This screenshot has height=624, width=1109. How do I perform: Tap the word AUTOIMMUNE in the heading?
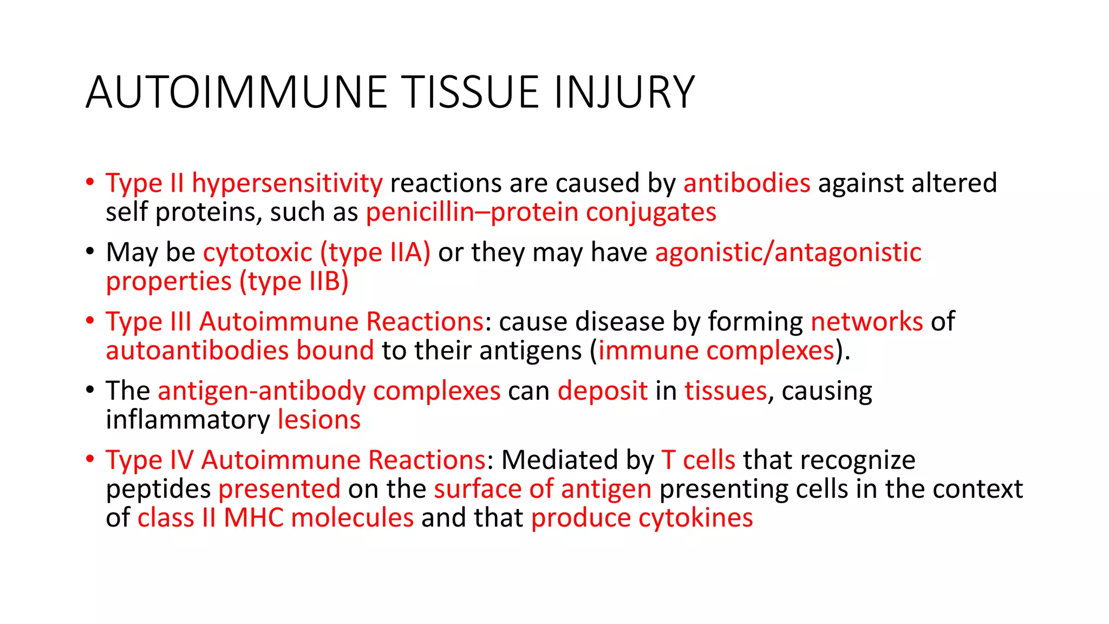point(237,92)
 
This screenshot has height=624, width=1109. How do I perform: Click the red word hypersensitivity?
point(287,183)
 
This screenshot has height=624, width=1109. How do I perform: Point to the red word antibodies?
point(747,183)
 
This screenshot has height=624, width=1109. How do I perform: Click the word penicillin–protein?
point(472,212)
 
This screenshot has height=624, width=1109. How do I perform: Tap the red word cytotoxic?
point(258,252)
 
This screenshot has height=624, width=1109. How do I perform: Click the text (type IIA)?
point(375,252)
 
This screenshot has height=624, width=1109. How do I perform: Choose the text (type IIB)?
point(294,282)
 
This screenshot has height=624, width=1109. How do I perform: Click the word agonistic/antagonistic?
point(788,252)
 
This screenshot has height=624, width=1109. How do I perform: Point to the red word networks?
point(866,322)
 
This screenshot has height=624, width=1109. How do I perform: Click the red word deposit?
point(602,391)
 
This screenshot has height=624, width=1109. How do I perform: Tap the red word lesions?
point(319,420)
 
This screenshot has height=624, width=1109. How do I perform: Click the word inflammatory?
point(187,420)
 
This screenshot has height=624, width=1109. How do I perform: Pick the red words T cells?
point(699,460)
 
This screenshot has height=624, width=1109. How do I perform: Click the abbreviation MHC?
point(253,518)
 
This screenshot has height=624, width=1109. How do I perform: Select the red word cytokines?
point(695,518)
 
